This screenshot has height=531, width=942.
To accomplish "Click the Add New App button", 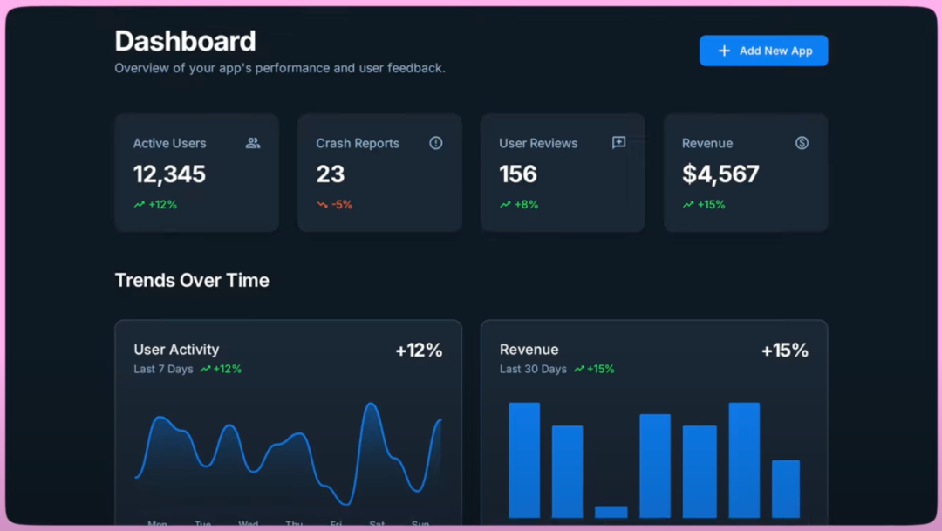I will coord(763,51).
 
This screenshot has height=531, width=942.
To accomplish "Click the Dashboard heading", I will coord(185,41).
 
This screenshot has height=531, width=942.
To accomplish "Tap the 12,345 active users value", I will coord(169,174).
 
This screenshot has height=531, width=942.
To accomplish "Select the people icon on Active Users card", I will coord(253,143).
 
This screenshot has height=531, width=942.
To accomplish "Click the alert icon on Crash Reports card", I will coord(436,143).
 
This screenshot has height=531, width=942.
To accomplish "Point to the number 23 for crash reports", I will coord(331,174).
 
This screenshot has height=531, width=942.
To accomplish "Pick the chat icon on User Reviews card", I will coord(619,143).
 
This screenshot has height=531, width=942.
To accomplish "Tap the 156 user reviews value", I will coord(518,174).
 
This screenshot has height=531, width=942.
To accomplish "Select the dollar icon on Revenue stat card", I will coord(802,143).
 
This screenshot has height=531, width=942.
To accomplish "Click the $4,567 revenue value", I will coord(720,174).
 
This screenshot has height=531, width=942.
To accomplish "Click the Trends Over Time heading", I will coord(192,280).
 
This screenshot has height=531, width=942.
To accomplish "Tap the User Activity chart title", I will coord(176,350).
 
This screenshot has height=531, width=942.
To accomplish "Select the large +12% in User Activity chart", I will coord(419,351).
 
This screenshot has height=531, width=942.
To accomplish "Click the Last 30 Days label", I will coord(533,370).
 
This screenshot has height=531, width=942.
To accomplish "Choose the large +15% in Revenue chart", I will coord(784,351).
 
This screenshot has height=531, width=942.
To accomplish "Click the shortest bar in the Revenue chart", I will coord(611,512).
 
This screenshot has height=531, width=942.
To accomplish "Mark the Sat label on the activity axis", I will coord(378,524).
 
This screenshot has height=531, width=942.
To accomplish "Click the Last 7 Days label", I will coord(163,370).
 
